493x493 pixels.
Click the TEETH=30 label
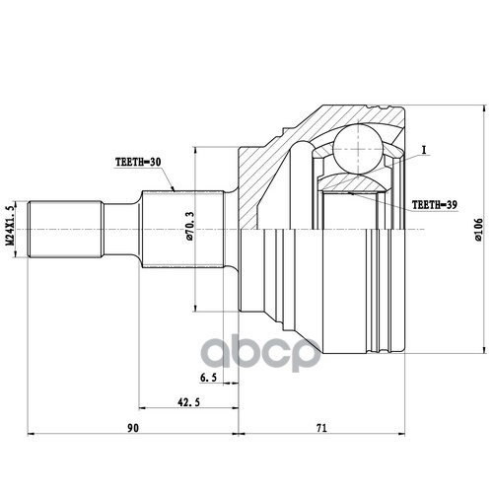tap(138, 162)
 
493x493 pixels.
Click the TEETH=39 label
tap(435, 205)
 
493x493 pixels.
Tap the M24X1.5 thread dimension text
tap(10, 225)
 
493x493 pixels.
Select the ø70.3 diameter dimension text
tap(189, 226)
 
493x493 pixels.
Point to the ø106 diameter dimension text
tap(478, 230)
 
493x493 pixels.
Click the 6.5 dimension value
tap(208, 378)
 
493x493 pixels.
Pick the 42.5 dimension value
tap(188, 402)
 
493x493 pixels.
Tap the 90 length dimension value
tap(133, 428)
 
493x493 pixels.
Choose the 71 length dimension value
tap(321, 428)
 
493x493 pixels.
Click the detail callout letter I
tap(424, 150)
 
